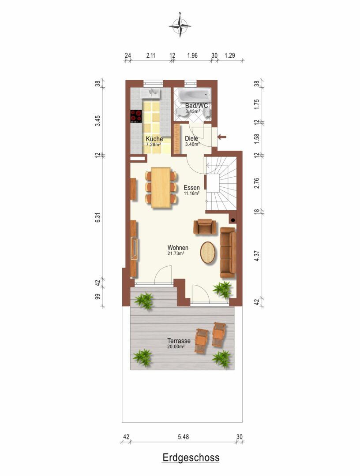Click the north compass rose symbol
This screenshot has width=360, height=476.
[180, 26]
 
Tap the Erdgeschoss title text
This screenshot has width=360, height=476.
[191, 457]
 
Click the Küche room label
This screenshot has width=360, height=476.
[154, 139]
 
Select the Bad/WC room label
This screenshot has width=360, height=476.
[197, 106]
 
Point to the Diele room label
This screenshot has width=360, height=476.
[191, 139]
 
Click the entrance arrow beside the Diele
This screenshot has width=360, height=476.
[222, 137]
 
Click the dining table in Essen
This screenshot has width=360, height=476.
[161, 188]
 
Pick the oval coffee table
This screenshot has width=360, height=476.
[208, 252]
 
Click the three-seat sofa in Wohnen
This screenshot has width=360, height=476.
[228, 253]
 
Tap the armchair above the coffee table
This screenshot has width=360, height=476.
[205, 227]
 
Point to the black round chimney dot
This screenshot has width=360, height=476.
[233, 220]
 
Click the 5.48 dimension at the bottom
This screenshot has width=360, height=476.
[183, 437]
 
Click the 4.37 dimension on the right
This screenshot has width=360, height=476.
[257, 256]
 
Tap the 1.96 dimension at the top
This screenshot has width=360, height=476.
[192, 55]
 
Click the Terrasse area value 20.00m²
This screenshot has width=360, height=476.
[176, 346]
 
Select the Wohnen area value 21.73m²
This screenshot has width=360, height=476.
[176, 253]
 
